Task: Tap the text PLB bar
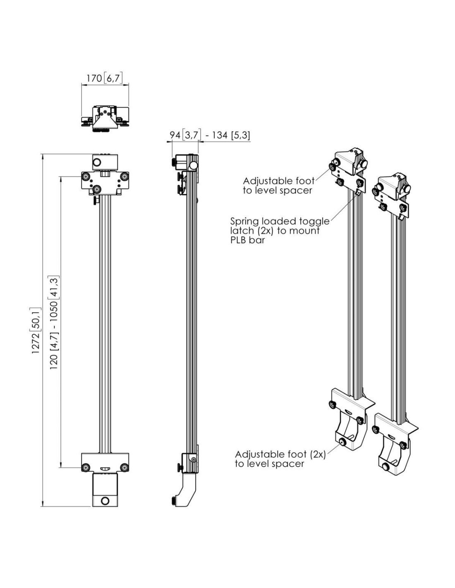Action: point(247,240)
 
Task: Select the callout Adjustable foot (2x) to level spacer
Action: point(280,459)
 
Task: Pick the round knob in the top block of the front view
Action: point(97,162)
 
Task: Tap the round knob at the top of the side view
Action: point(193,165)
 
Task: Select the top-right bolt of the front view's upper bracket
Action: point(125,177)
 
